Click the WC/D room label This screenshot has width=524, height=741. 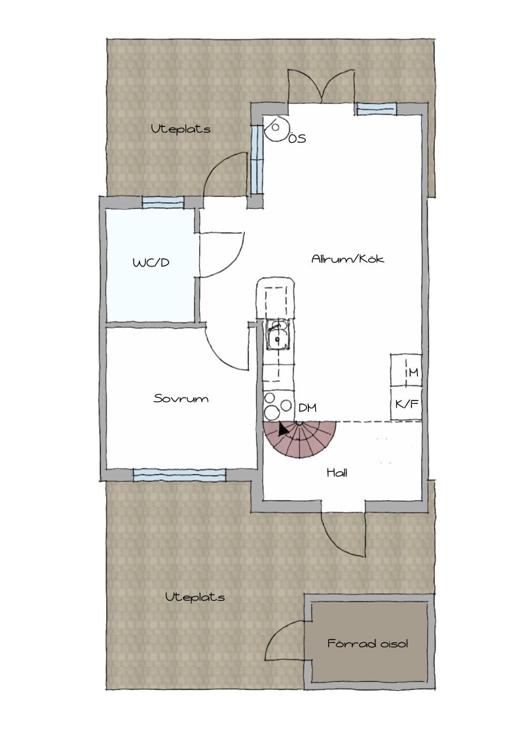tap(151, 262)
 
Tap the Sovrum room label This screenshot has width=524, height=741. tap(181, 399)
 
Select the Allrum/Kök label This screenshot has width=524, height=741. tap(348, 259)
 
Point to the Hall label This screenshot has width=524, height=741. tap(337, 473)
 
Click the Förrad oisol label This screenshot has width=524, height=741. tap(367, 643)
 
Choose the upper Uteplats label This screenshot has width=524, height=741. tap(181, 129)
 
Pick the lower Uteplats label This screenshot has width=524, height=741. tap(195, 598)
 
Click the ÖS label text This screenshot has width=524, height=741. tap(297, 138)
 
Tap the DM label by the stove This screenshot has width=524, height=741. tap(307, 408)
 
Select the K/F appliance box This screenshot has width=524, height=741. tap(405, 404)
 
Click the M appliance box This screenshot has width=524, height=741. tap(405, 370)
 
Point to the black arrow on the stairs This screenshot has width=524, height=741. tap(283, 429)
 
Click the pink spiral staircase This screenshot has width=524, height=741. tap(300, 439)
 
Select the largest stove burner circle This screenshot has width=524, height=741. tap(272, 412)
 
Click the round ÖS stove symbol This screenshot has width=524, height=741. tap(276, 128)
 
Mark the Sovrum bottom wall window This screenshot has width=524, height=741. tap(179, 475)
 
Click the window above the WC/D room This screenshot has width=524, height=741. tap(163, 203)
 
